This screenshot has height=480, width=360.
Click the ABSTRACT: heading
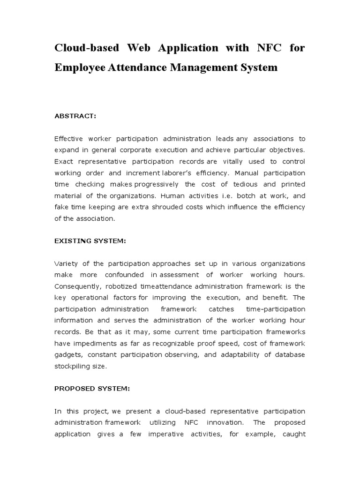pos(75,117)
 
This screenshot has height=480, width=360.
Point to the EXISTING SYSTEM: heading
pos(90,240)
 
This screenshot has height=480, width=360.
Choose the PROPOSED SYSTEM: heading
pos(92,389)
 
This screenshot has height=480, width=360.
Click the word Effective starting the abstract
pos(71,139)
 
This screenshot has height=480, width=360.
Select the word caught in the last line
pos(294,434)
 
